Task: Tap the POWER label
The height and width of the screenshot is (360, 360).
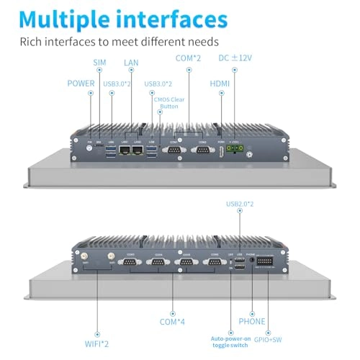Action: point(81,84)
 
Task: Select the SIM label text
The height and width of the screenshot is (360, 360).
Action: point(99,63)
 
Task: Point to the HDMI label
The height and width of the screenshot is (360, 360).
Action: point(220,84)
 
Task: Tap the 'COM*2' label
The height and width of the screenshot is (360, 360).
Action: point(189,58)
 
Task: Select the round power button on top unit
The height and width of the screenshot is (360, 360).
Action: point(90,150)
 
